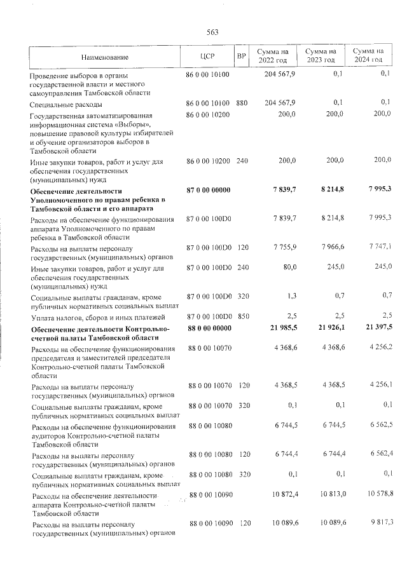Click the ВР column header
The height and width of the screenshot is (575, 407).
click(x=241, y=56)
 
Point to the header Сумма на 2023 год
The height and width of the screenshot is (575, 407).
click(x=321, y=55)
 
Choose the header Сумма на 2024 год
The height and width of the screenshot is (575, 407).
click(x=368, y=55)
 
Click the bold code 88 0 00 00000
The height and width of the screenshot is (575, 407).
click(x=207, y=328)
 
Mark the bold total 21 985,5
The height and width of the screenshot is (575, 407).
click(x=280, y=328)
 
